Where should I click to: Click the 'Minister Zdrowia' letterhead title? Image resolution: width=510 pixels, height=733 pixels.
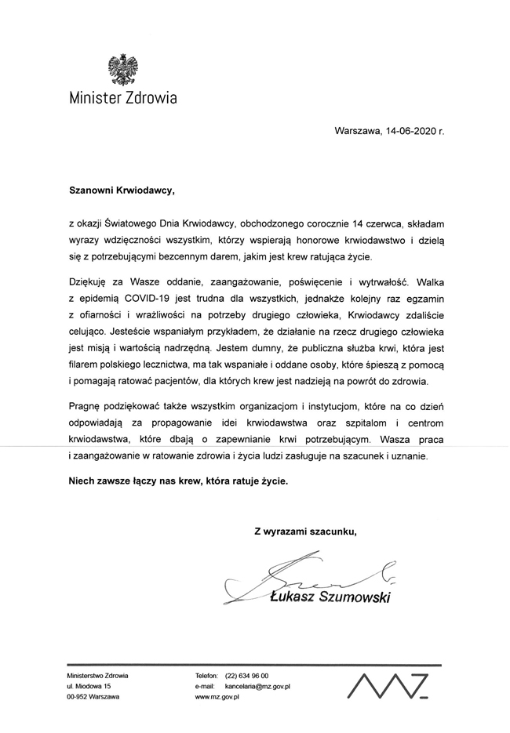[122, 99]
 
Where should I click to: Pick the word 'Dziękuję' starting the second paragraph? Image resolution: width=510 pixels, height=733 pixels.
[89, 281]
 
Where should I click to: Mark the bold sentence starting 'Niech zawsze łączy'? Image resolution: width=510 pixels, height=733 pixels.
[179, 481]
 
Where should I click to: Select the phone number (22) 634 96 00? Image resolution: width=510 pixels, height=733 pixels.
[246, 676]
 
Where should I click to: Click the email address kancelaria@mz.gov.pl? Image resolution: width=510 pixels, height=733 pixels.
[258, 686]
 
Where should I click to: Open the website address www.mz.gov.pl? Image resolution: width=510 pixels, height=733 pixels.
[217, 697]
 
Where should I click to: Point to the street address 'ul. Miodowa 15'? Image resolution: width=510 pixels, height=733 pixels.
[90, 686]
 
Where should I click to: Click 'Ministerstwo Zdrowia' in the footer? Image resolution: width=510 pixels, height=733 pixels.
[98, 676]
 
